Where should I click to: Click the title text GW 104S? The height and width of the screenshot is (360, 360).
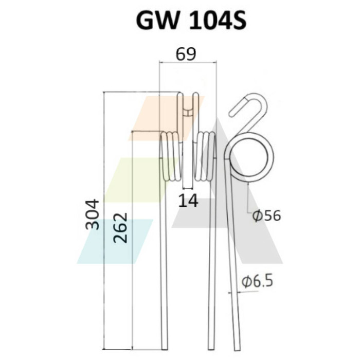(191, 21)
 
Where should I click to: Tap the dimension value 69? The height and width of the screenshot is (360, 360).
(186, 54)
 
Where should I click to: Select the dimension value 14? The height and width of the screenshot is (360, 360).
(188, 201)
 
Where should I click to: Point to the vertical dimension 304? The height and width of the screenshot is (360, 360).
(92, 214)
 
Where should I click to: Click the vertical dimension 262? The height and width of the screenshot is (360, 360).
(120, 228)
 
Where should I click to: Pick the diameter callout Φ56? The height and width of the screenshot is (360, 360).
(266, 216)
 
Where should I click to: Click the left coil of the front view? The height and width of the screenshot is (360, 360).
(171, 156)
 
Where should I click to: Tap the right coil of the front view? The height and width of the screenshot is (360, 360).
(205, 156)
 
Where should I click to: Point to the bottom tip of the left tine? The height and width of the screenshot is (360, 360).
(165, 350)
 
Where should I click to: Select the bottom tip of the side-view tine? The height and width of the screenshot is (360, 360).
(238, 350)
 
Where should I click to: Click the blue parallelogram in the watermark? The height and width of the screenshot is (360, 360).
(115, 241)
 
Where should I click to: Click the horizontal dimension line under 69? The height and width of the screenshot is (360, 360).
(188, 62)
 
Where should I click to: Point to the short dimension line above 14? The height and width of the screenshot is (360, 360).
(188, 189)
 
